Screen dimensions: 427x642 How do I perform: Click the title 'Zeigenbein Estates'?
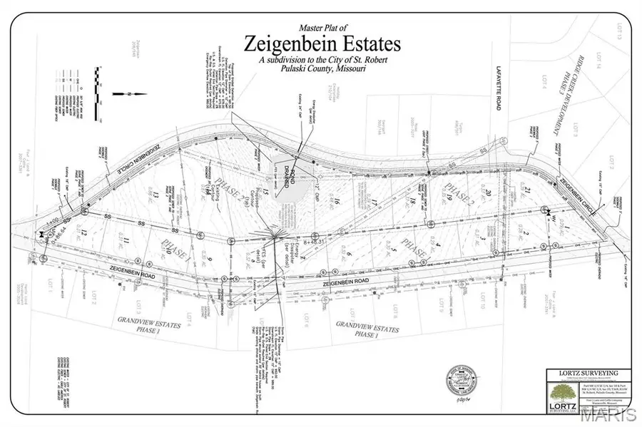[322, 43]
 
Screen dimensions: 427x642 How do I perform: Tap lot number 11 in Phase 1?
[127, 243]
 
